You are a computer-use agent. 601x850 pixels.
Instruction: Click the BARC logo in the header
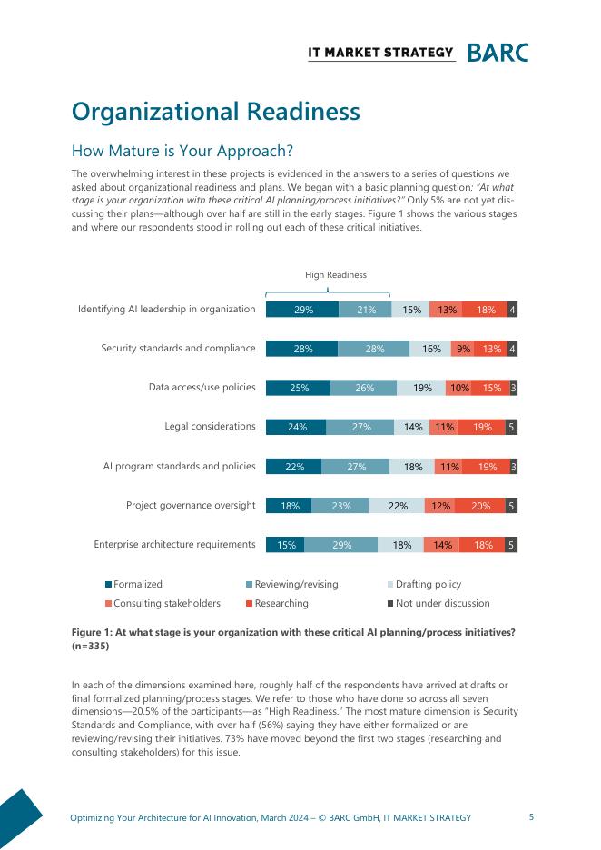click(x=498, y=53)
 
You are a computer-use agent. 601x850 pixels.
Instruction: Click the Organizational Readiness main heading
click(x=215, y=112)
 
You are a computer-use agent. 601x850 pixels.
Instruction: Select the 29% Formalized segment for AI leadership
click(x=302, y=310)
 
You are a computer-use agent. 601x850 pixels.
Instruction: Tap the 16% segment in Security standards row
click(x=431, y=349)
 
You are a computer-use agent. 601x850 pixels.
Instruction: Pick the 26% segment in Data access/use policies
click(x=364, y=388)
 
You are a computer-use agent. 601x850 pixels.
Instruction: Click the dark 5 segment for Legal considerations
click(x=511, y=427)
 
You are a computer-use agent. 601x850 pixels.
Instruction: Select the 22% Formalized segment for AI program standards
click(x=294, y=467)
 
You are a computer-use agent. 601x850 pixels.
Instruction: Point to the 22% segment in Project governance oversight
click(x=398, y=506)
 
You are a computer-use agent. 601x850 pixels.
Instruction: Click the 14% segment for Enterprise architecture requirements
click(x=442, y=545)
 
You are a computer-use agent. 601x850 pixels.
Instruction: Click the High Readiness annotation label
click(x=335, y=275)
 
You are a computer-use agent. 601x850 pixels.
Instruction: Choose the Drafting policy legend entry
click(x=428, y=584)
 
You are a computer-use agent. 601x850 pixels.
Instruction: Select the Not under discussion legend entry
click(x=442, y=603)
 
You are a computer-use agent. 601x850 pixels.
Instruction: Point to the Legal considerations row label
click(x=210, y=426)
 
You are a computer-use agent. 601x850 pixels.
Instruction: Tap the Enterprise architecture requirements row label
click(x=174, y=544)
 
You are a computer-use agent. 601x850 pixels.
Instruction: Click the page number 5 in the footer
click(x=531, y=817)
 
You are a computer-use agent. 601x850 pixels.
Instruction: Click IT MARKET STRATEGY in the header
click(x=380, y=53)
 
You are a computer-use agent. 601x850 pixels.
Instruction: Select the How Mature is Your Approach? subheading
click(x=182, y=151)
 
